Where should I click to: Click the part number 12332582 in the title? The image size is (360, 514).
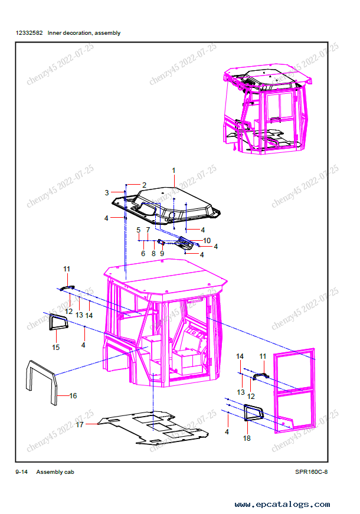29,33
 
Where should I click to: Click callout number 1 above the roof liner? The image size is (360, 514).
174,171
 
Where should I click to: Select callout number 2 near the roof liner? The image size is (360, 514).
144,185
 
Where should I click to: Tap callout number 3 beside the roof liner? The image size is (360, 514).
107,193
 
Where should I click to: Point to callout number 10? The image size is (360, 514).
207,241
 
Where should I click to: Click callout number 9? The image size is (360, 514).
162,254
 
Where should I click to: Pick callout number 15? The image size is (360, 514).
55,348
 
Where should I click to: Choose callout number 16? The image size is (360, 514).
73,396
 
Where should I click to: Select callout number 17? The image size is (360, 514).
80,425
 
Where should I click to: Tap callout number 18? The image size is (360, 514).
247,438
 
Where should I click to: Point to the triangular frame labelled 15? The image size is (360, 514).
51,322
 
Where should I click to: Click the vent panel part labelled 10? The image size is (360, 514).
184,243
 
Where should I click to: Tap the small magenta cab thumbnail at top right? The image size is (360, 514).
267,110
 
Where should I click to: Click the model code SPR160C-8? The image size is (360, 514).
311,472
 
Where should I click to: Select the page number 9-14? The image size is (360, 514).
22,472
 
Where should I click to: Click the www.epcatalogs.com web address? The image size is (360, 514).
282,505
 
